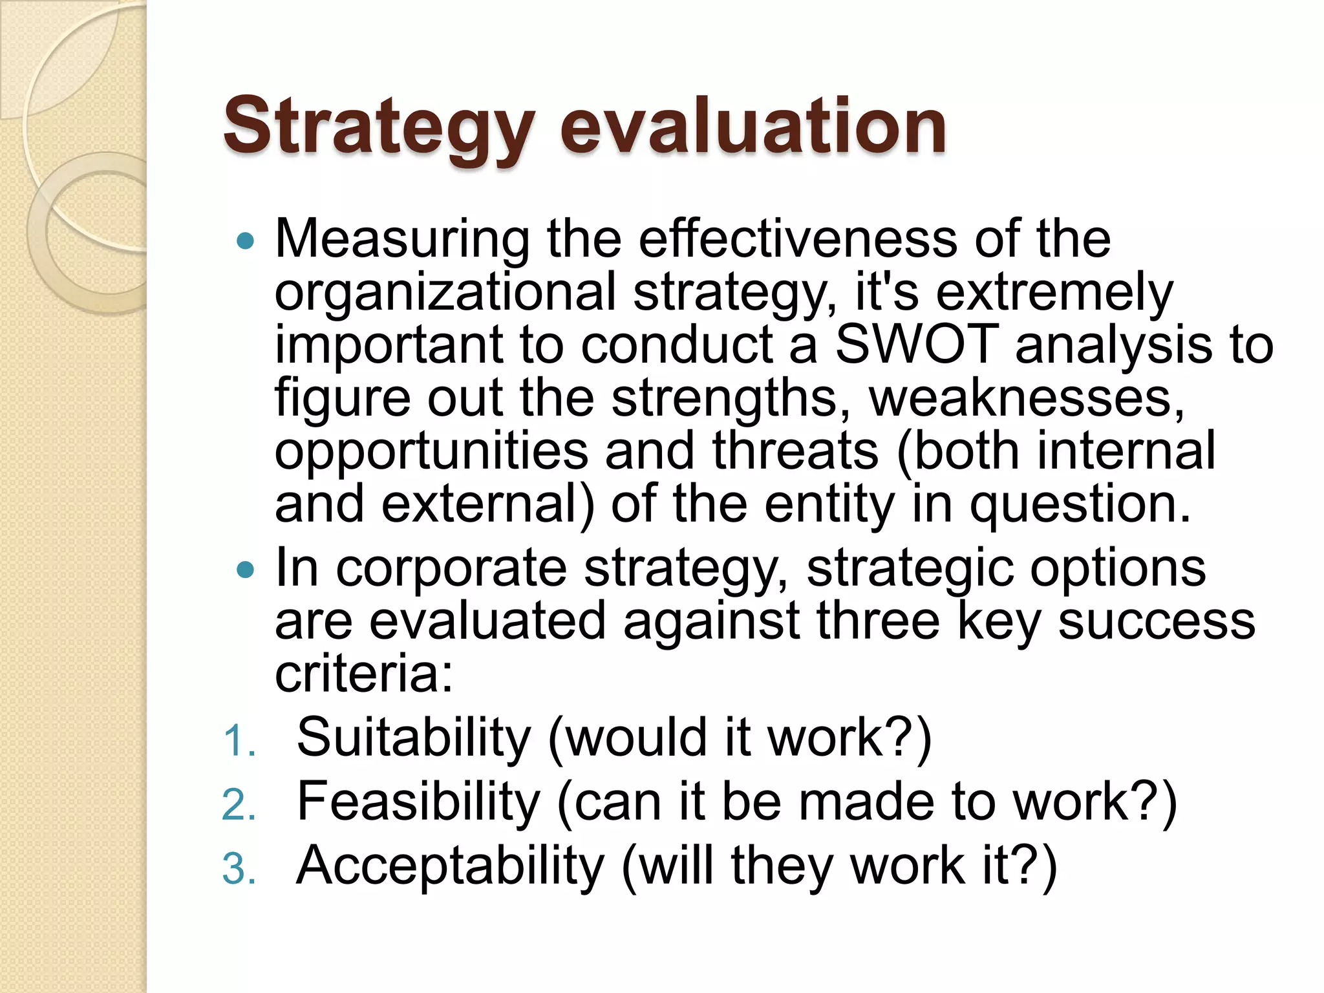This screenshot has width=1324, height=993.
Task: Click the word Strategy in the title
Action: click(x=379, y=127)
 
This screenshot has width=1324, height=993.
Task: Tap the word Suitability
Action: click(x=414, y=738)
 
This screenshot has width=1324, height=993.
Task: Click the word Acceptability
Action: click(x=450, y=866)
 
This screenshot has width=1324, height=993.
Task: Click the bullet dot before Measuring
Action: click(x=246, y=242)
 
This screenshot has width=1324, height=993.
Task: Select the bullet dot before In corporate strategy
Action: click(x=246, y=570)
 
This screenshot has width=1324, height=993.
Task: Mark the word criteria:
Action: click(x=364, y=674)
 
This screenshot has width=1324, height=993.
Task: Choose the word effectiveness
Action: click(x=798, y=239)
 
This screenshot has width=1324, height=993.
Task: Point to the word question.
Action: click(x=1080, y=505)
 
